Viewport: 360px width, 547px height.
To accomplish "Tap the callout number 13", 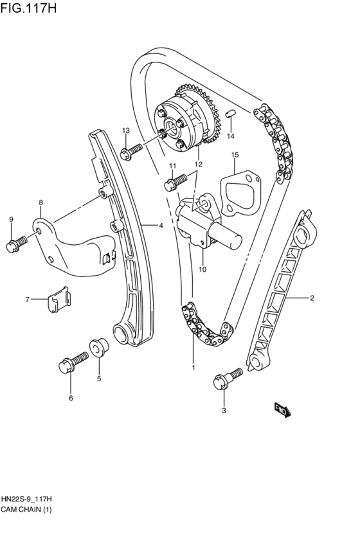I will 126,131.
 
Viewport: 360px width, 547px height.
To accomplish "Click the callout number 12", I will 199,165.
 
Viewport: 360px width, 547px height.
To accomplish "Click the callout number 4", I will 161,225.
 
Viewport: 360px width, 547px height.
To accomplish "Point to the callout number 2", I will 312,298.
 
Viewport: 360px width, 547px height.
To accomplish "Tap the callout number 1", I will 192,368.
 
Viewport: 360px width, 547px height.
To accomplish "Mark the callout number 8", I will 40,202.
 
